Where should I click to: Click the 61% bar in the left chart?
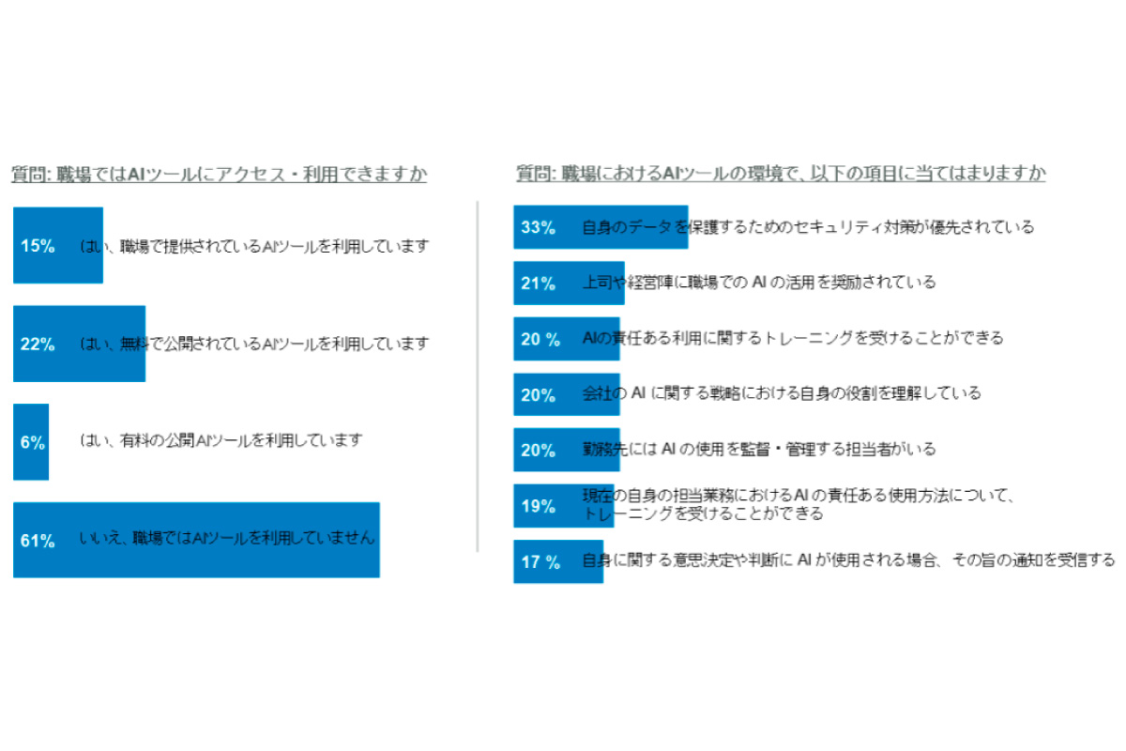point(196,540)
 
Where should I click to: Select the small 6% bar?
point(31,442)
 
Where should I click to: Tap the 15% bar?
point(58,246)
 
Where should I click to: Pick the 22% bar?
point(80,344)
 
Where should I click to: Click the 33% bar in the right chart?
point(601,227)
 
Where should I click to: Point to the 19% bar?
point(550,506)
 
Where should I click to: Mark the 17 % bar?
point(558,561)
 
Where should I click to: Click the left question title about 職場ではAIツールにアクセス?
point(220,175)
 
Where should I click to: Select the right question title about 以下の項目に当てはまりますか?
point(781,175)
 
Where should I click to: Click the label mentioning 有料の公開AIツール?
point(221,439)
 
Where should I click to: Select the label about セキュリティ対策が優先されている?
point(808,227)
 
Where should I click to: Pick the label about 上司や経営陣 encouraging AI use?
point(758,282)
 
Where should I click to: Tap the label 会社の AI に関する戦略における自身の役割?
point(781,393)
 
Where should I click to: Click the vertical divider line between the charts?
point(479,375)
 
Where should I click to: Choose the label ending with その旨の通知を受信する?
point(848,560)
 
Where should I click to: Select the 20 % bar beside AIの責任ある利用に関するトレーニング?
point(566,339)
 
